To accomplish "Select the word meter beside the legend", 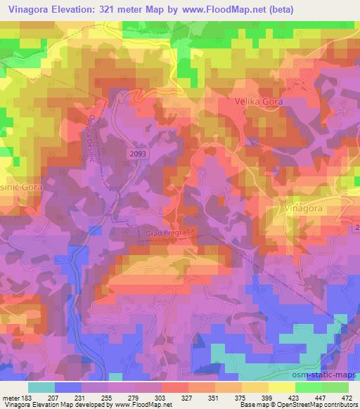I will [x=11, y=397].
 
